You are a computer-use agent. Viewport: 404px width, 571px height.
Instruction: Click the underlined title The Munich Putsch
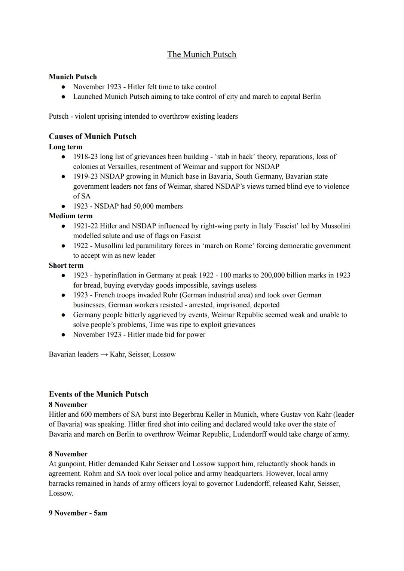202,54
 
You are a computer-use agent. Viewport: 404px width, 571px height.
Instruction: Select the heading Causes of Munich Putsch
92,136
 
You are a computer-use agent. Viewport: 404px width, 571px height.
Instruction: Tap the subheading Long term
65,147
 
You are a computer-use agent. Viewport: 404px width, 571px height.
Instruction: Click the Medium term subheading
71,216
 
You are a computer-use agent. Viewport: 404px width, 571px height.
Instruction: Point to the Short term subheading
66,265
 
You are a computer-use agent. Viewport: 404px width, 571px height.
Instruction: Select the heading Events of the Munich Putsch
98,394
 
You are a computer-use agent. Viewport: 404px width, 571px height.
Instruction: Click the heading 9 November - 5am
78,513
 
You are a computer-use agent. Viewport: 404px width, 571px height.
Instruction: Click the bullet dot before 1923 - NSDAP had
64,206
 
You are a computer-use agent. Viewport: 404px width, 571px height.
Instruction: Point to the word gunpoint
71,464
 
